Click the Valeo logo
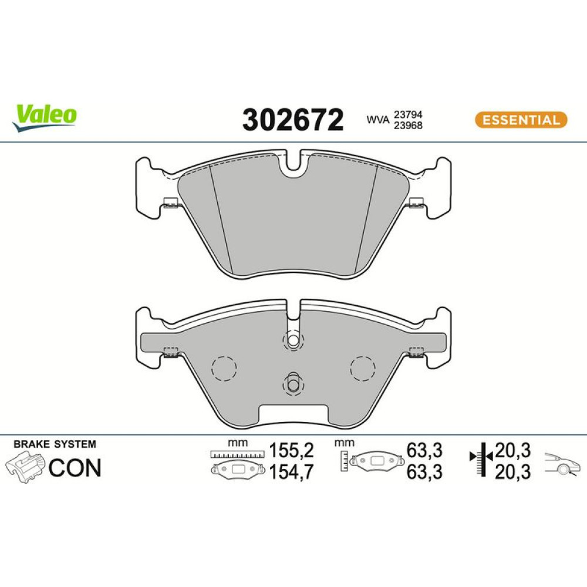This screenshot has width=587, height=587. [x=44, y=117]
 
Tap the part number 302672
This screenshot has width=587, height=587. [x=293, y=120]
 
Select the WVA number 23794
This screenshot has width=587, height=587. [x=408, y=114]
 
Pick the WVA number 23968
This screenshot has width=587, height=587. [x=408, y=126]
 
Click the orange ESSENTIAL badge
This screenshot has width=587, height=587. [x=521, y=120]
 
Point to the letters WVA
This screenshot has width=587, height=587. [x=377, y=120]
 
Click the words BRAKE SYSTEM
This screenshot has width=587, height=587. [x=55, y=444]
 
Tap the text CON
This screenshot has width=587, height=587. [x=75, y=468]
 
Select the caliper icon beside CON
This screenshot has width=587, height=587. [x=25, y=467]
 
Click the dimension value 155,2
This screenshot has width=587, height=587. [x=291, y=450]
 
